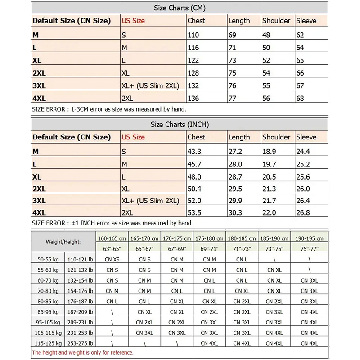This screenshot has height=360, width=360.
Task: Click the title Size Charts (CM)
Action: pyautogui.click(x=180, y=8)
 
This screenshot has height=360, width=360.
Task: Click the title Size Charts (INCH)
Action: pyautogui.click(x=180, y=124)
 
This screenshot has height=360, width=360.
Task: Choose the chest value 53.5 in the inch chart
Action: pyautogui.click(x=194, y=212)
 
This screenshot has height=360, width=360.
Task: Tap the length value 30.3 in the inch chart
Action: pyautogui.click(x=235, y=212)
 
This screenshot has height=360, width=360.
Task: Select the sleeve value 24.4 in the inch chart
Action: pyautogui.click(x=303, y=152)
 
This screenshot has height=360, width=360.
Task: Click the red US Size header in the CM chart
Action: pyautogui.click(x=133, y=21)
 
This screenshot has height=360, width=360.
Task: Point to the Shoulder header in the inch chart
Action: pyautogui.click(x=276, y=137)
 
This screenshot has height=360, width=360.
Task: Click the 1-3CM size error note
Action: pyautogui.click(x=109, y=109)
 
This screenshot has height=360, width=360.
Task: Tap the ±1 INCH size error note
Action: pyautogui.click(x=112, y=223)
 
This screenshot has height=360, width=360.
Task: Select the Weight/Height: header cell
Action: pyautogui.click(x=63, y=242)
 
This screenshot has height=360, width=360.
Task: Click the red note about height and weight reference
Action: pyautogui.click(x=83, y=352)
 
